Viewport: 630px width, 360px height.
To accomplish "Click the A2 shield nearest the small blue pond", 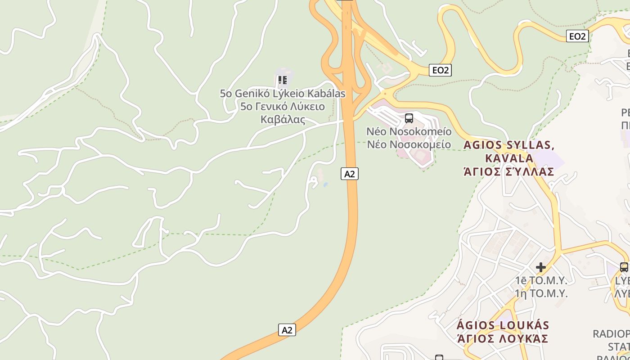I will [x=350, y=174].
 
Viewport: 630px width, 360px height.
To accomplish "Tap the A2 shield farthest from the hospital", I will [x=287, y=330].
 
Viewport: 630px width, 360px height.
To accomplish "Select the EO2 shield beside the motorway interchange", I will [x=440, y=70].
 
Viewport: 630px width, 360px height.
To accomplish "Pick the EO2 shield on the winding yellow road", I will [x=577, y=36].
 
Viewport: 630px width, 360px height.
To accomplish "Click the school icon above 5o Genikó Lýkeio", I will [x=282, y=81].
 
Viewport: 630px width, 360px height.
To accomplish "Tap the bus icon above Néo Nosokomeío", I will [x=409, y=118].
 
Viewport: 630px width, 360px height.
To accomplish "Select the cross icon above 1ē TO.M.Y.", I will [x=541, y=267].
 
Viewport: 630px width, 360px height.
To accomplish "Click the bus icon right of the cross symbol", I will [x=624, y=267].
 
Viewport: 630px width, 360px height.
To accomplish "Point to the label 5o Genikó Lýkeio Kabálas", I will [x=283, y=94].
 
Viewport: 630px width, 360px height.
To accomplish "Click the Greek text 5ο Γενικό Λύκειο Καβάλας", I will [x=283, y=113].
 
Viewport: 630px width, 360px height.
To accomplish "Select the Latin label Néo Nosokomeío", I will [x=409, y=131].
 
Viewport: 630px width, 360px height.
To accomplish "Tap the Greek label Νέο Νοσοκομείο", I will [x=409, y=144].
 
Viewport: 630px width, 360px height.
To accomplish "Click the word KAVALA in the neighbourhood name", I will [x=509, y=158].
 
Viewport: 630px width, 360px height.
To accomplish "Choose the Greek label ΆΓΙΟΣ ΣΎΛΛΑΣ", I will [x=509, y=171].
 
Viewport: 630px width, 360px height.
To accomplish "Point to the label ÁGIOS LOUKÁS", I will [x=503, y=325].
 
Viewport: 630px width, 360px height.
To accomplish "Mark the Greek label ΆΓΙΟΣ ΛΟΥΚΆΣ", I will [x=502, y=338].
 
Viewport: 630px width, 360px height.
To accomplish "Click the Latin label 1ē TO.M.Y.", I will [x=541, y=280].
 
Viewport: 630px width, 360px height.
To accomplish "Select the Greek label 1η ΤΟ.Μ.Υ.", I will [x=541, y=294].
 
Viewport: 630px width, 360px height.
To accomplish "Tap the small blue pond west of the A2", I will [x=325, y=184].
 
